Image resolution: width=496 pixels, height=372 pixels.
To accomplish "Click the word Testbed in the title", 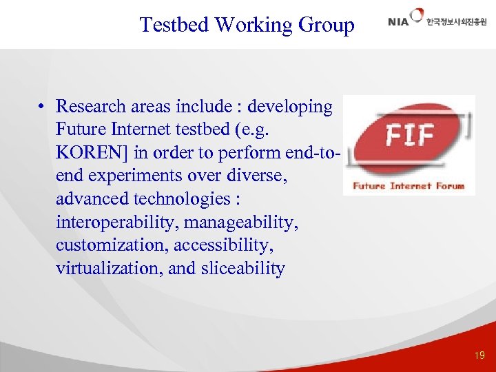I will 174,25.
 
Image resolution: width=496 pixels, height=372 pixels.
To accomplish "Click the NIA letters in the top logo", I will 399,22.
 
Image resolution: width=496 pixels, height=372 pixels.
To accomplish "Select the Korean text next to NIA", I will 456,22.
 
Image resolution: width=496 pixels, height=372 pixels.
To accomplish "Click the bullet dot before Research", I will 42,107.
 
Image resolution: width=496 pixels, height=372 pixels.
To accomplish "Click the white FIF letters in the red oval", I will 409,135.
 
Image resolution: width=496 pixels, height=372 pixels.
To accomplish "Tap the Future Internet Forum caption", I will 409,185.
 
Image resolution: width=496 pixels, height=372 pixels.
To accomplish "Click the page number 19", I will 479,355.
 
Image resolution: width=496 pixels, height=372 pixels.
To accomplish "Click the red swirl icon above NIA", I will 417,14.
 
